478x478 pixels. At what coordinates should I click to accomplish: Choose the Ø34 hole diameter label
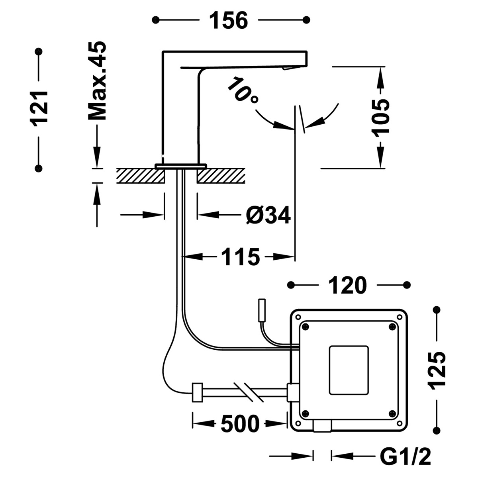[x=268, y=215]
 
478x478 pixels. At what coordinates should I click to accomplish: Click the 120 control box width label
[x=347, y=285]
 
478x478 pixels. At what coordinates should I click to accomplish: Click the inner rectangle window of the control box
[x=349, y=370]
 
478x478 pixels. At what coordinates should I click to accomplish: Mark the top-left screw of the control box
[x=306, y=327]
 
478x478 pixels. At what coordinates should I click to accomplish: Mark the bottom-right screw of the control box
[x=392, y=413]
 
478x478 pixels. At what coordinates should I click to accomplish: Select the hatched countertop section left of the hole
[x=140, y=175]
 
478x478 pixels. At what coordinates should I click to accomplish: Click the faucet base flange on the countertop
[x=181, y=165]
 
